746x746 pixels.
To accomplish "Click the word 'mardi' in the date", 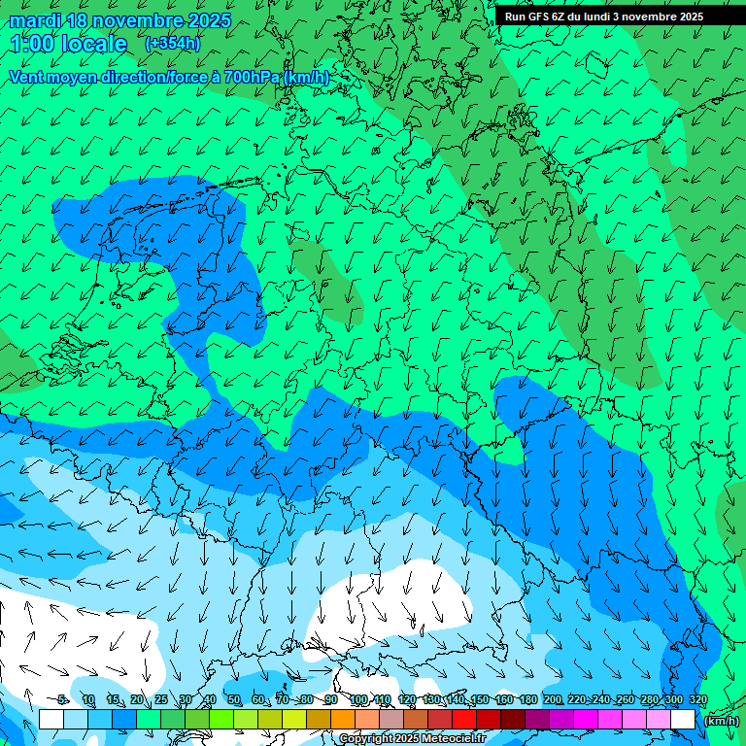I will point(35,20).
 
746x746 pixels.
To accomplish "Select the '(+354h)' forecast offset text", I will point(172,44).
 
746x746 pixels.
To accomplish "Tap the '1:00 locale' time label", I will point(69,45).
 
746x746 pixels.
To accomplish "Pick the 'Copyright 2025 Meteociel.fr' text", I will point(412,739).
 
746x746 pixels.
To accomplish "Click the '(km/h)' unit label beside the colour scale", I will point(720,721).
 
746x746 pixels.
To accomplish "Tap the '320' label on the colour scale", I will point(697,699).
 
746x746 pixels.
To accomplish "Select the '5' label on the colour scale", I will point(63,699).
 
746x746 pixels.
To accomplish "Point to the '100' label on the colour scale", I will point(357,699).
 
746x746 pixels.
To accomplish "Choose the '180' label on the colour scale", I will point(527,699).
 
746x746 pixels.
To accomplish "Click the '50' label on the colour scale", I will point(234,699).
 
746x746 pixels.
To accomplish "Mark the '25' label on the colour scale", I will point(160,699).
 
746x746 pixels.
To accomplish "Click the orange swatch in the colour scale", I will point(343,720).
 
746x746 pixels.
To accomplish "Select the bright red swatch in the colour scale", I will point(464,720).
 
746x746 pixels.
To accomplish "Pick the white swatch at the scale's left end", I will point(51,720).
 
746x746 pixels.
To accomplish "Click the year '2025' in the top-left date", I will point(207,20).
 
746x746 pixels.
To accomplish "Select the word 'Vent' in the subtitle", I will point(27,77).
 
